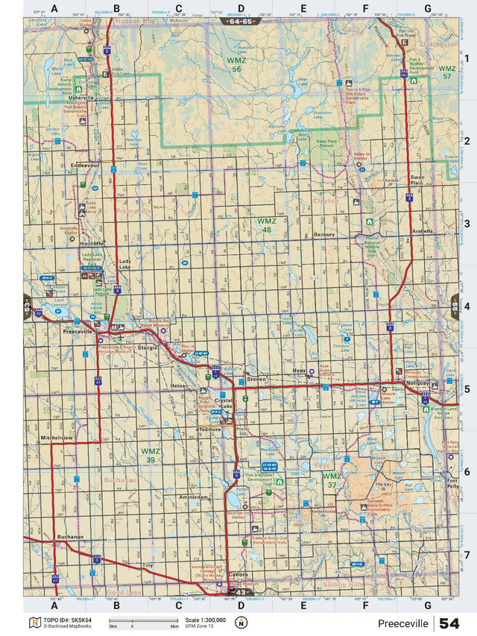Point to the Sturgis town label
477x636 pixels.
click(149, 347)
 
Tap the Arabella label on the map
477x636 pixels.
click(423, 231)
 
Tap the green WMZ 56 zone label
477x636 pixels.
click(236, 63)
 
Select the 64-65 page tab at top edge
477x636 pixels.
click(240, 22)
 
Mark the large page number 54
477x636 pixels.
click(449, 623)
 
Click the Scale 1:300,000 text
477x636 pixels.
click(204, 620)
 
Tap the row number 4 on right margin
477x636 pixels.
click(466, 306)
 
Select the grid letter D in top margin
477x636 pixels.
click(240, 8)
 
